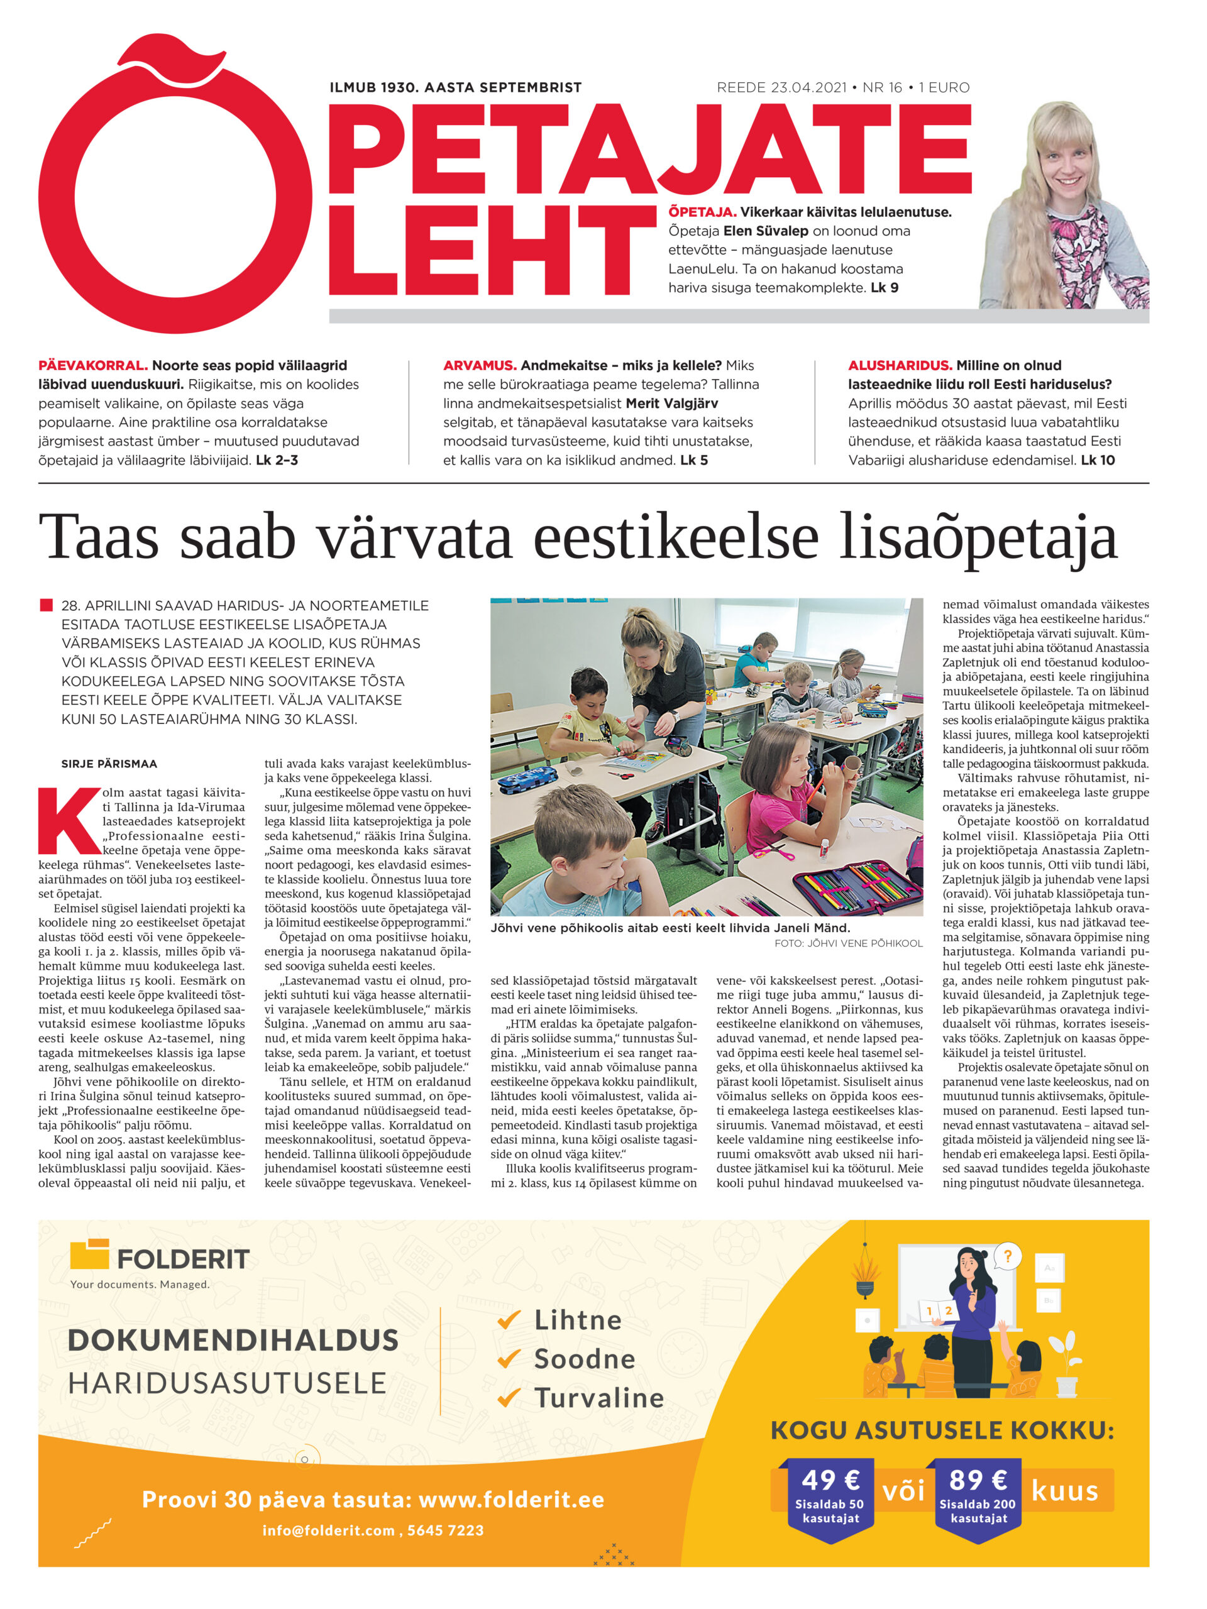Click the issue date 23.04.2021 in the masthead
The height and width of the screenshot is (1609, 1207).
(x=808, y=87)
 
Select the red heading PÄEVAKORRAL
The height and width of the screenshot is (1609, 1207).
(x=92, y=365)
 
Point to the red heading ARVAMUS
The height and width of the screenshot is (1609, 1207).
(x=480, y=365)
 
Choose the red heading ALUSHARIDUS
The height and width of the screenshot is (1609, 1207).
(x=899, y=365)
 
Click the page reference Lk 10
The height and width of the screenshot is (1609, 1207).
(x=1097, y=459)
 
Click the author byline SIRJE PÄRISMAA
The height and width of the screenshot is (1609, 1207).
(x=109, y=764)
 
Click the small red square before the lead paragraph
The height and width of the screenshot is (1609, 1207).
(x=47, y=605)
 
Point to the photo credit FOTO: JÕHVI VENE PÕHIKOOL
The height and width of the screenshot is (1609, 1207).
(x=848, y=943)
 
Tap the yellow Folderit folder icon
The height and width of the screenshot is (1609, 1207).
(x=89, y=1254)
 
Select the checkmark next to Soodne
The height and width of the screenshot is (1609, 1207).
(x=509, y=1358)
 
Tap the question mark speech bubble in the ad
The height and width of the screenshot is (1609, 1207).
(x=1007, y=1256)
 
